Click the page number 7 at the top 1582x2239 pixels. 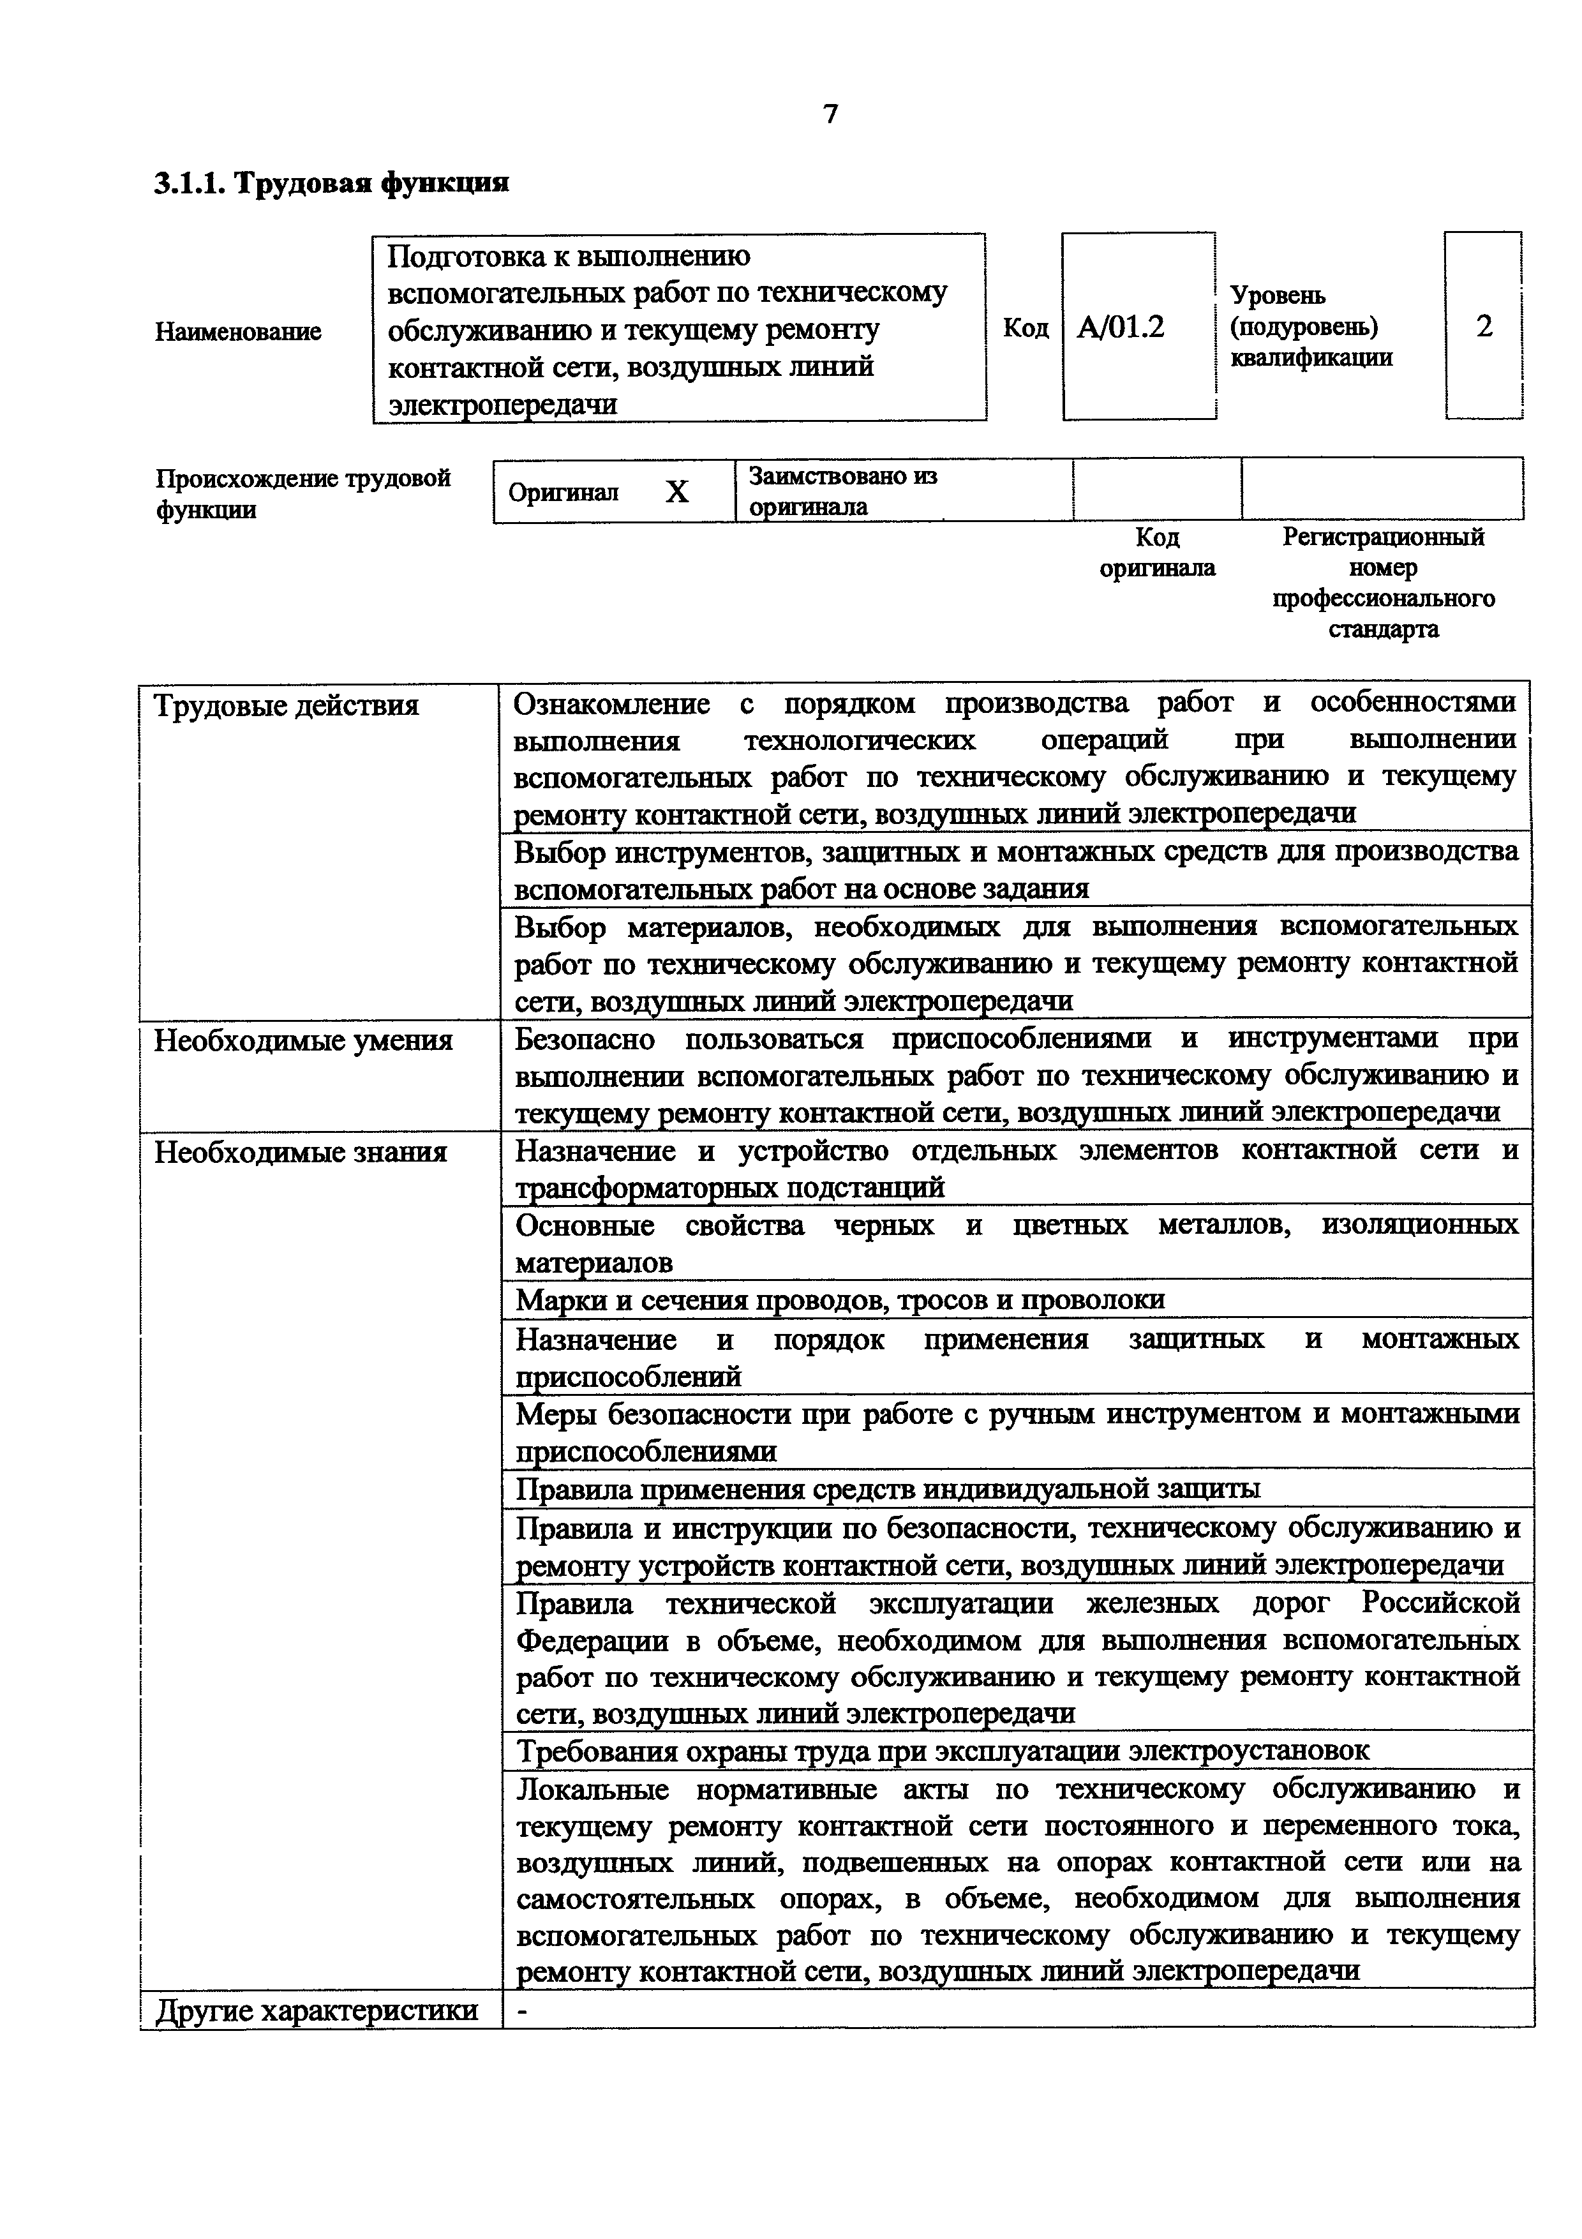(830, 115)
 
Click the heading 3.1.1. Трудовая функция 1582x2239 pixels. (331, 183)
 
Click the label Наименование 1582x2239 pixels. (238, 331)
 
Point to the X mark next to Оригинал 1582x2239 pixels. (676, 491)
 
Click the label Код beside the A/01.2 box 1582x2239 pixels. (1026, 327)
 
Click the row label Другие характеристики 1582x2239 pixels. (316, 2011)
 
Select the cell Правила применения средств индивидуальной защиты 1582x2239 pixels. (887, 1488)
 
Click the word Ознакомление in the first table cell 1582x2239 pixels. (611, 703)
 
